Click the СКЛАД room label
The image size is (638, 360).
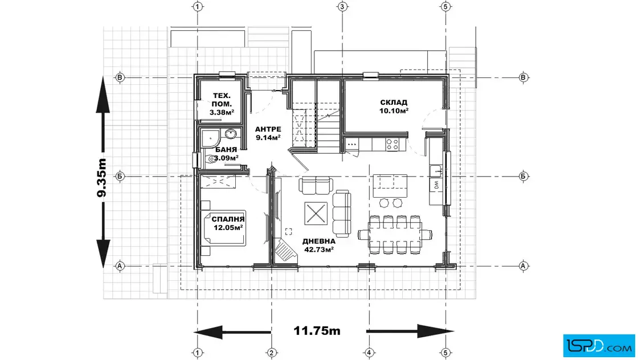click(x=394, y=103)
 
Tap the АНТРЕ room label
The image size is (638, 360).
click(x=268, y=129)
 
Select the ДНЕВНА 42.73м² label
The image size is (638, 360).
click(x=319, y=246)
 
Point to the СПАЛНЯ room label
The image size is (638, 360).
click(x=228, y=219)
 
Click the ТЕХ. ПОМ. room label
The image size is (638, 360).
click(x=222, y=100)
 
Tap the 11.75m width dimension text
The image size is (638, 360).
click(x=317, y=331)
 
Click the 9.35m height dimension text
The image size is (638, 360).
click(x=101, y=178)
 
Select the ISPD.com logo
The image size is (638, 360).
click(x=599, y=346)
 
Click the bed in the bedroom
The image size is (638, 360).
click(x=224, y=228)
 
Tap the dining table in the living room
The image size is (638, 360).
click(x=395, y=235)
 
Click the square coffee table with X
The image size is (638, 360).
click(x=316, y=212)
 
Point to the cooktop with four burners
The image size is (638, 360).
click(x=392, y=145)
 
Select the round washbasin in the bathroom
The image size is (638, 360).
click(x=230, y=134)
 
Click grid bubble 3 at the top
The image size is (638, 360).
click(x=342, y=6)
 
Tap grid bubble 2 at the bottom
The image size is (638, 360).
click(x=271, y=353)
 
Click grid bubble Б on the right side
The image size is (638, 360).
click(x=524, y=176)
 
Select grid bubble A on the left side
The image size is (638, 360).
click(x=120, y=266)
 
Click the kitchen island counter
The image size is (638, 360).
click(x=390, y=186)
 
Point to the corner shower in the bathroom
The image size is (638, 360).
click(x=210, y=138)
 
